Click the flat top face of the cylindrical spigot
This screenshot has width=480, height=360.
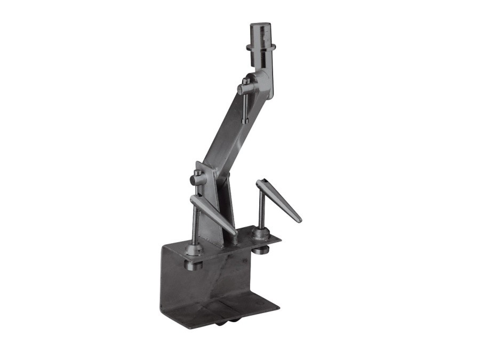pos(260,25)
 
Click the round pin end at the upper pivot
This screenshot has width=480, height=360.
pos(241,90)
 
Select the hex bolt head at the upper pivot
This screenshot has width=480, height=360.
pos(245,81)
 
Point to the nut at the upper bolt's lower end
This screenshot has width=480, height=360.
pos(244,122)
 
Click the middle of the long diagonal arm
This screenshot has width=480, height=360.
pos(224,133)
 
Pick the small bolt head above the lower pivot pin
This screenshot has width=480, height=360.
pos(198,172)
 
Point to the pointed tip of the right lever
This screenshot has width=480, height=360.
pos(300,220)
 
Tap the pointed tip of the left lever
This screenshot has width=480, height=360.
pos(235,234)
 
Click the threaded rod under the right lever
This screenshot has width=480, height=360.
pos(261,211)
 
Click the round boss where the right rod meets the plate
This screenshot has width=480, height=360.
pos(260,234)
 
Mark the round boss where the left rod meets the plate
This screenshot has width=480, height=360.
pos(193,250)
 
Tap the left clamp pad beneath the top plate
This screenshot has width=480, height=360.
pos(193,263)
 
